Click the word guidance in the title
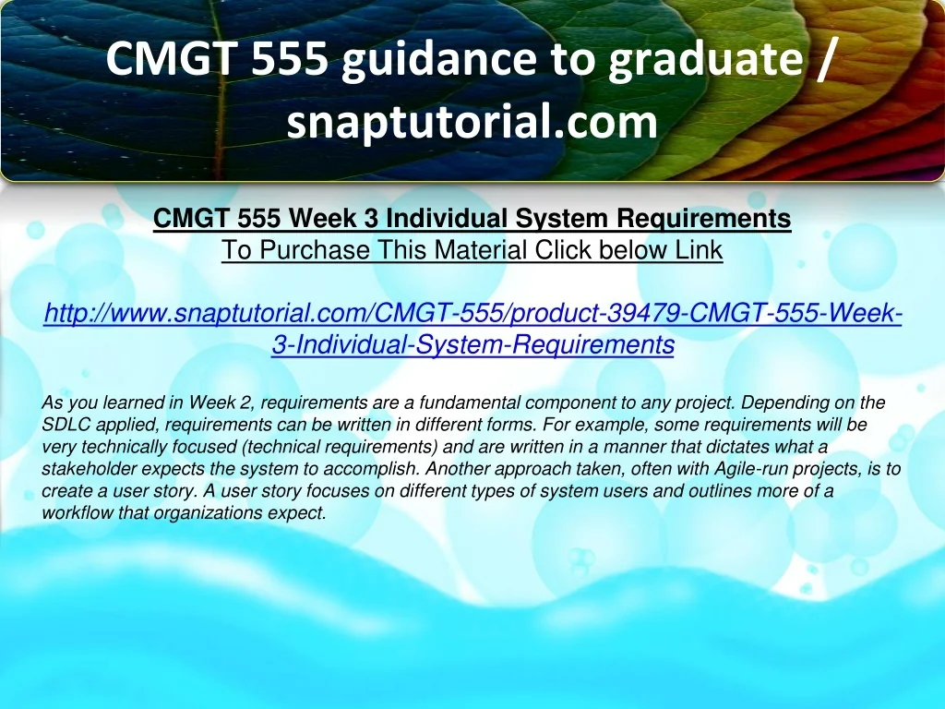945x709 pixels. click(x=438, y=59)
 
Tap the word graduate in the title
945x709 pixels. click(x=705, y=60)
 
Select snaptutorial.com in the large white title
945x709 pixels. click(x=472, y=121)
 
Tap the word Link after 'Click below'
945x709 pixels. click(x=699, y=249)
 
